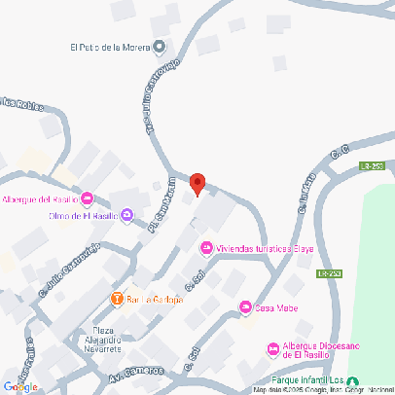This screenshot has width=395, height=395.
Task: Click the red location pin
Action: pos(197,183)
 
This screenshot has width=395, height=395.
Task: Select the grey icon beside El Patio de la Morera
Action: pos(161,46)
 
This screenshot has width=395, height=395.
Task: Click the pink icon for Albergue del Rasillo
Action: pos(87,199)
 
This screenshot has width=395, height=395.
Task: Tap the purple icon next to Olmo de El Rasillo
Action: pos(126,216)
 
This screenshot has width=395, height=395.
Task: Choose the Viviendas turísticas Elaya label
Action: pos(254,248)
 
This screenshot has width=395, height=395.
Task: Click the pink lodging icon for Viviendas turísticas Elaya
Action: pos(205,248)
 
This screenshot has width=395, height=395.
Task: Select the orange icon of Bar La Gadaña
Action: pos(117,299)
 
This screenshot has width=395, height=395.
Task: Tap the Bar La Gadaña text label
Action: pos(155,300)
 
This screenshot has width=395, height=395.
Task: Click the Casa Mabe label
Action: pos(276,308)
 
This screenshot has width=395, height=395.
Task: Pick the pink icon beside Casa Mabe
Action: pos(245,308)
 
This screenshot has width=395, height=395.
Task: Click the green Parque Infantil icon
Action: pos(352,380)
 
